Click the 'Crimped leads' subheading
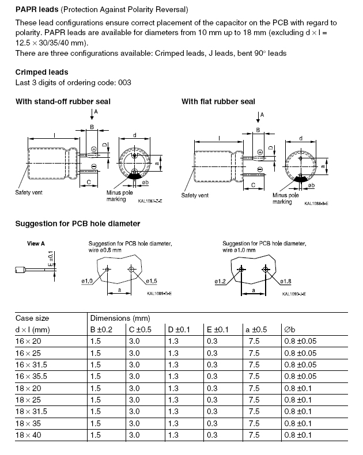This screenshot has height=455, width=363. tap(41, 72)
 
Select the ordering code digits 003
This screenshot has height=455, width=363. tap(124, 82)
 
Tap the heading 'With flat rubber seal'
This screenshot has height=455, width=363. tap(218, 102)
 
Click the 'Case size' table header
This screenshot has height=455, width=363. tap(32, 318)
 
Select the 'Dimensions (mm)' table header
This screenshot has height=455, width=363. tap(115, 318)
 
